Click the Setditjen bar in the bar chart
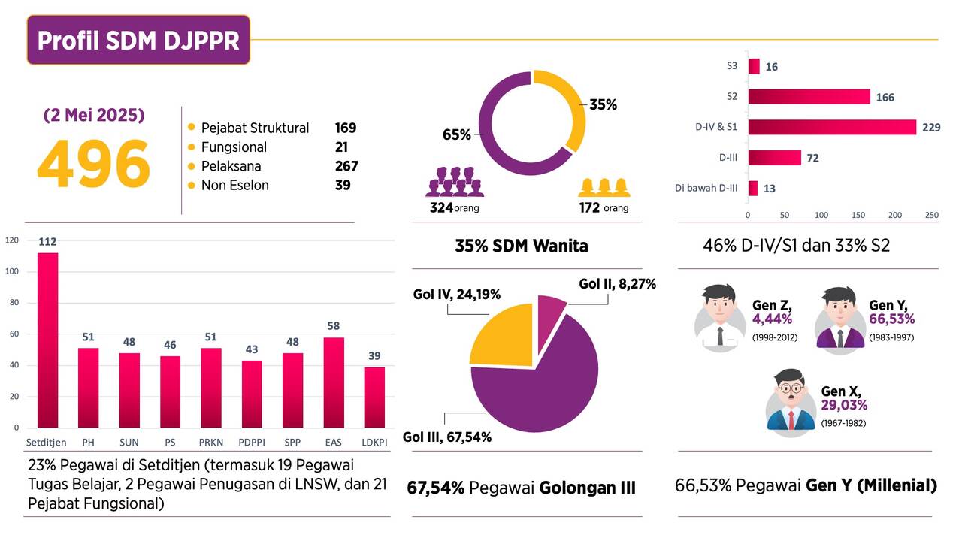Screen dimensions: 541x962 (x=48, y=340)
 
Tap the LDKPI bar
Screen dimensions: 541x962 (x=374, y=397)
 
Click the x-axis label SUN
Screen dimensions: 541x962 (x=129, y=441)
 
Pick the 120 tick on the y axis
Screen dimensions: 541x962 (x=11, y=240)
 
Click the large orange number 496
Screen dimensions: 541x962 (x=93, y=165)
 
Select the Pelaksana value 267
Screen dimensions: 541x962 (x=346, y=166)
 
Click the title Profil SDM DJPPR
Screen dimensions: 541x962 (x=138, y=40)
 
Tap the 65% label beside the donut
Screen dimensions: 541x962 (x=457, y=135)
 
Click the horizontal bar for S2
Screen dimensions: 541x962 (x=809, y=97)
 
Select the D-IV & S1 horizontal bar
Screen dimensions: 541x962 (x=831, y=127)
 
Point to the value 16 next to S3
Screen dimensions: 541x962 (x=772, y=67)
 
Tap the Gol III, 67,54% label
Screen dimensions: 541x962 (x=447, y=437)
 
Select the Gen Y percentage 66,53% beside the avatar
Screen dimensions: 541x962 (x=892, y=319)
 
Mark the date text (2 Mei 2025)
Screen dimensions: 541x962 (x=94, y=116)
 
